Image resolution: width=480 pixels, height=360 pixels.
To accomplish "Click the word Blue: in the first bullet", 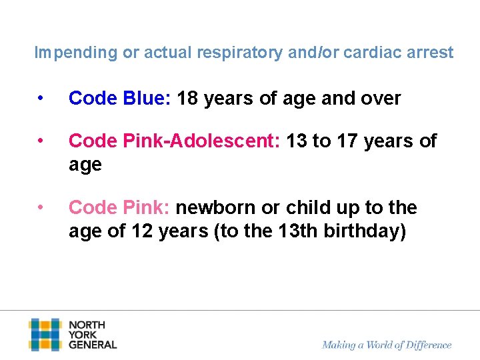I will click(147, 99).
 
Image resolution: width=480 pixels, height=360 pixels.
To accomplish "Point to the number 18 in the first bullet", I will click(189, 99).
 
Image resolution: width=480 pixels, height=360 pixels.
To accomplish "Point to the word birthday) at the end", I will click(365, 231).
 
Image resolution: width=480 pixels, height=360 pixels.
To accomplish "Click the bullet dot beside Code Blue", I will click(41, 99).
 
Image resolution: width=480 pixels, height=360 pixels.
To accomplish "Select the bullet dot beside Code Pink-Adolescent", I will click(41, 141).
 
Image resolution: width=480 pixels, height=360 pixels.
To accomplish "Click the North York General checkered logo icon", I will click(45, 335).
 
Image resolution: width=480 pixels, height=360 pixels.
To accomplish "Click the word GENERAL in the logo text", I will click(93, 345).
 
